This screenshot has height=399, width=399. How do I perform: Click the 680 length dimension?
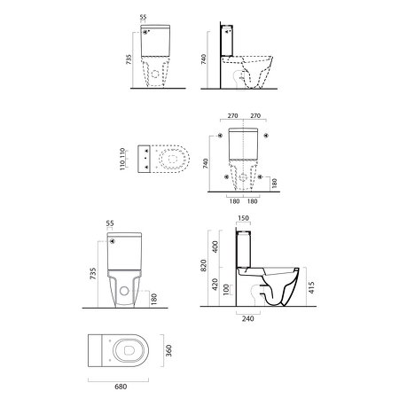click(x=121, y=387)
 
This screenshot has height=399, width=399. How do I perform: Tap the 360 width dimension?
click(x=168, y=350)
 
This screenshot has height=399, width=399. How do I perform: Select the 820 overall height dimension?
click(x=203, y=266)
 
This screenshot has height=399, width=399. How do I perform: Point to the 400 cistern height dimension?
click(x=215, y=246)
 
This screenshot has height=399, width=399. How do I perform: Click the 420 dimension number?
click(x=215, y=285)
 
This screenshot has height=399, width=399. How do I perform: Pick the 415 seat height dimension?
click(x=311, y=287)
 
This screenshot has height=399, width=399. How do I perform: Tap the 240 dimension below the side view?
click(x=247, y=318)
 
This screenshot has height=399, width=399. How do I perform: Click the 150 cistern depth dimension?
click(x=243, y=218)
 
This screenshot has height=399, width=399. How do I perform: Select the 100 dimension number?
click(x=226, y=290)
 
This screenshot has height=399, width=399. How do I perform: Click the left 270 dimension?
click(x=232, y=115)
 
